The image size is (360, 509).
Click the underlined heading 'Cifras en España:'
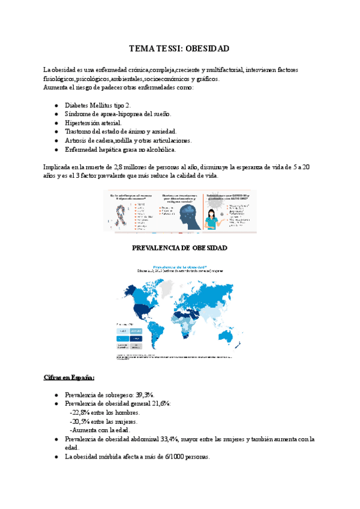coord(69,378)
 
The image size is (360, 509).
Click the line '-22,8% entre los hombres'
coord(106,412)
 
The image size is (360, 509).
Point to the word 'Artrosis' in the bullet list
coord(76,140)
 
